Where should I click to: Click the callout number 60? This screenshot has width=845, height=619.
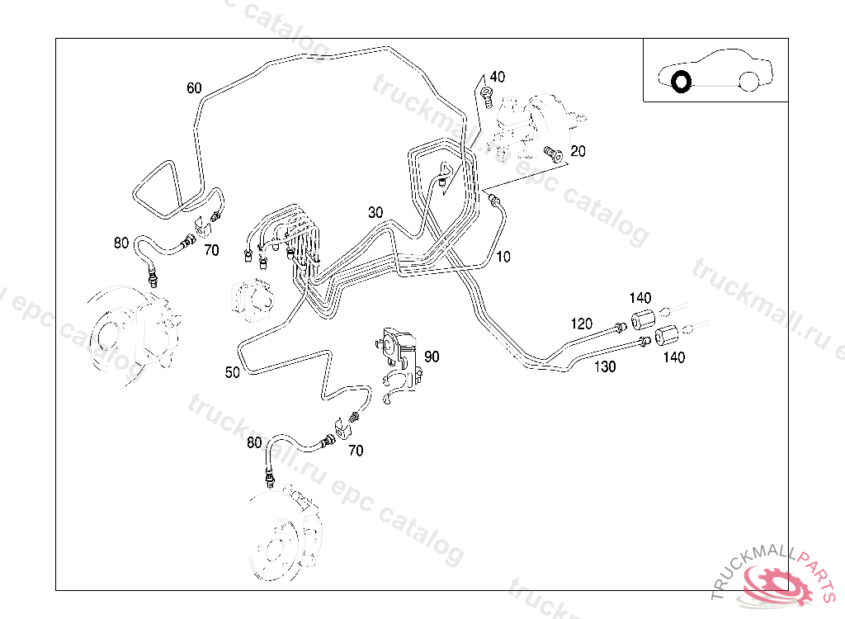194,88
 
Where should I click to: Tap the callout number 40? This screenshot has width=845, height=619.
497,77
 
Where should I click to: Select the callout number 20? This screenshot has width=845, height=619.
578,151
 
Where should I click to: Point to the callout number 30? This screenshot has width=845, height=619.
375,212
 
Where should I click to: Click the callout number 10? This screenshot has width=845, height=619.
503,258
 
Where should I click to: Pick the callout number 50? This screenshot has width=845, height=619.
233,372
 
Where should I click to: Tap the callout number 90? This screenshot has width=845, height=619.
432,357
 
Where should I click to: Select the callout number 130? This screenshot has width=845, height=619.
605,366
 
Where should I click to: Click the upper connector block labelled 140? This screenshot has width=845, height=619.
643,319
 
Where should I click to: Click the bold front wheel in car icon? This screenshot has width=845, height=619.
681,82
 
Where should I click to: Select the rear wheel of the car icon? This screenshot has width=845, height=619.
748,81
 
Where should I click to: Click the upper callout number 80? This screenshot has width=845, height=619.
121,243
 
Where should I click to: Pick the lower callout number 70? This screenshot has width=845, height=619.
356,451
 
